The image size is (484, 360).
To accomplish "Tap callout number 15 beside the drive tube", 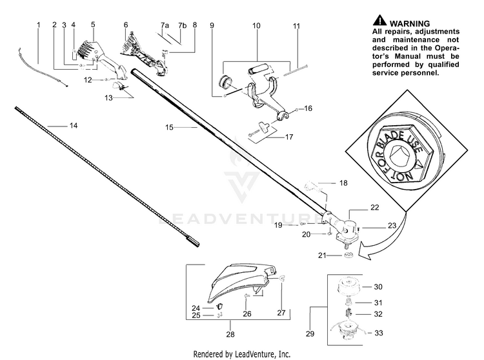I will pyautogui.click(x=170, y=128).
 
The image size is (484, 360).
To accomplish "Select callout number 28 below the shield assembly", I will pyautogui.click(x=230, y=334).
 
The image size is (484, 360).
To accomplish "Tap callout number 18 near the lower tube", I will pyautogui.click(x=343, y=183).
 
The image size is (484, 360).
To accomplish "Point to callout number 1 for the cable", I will pyautogui.click(x=38, y=25).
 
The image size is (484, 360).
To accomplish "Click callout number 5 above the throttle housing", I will pyautogui.click(x=93, y=25).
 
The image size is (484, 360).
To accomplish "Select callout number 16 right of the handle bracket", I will pyautogui.click(x=308, y=109).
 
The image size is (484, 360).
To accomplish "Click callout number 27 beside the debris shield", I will pyautogui.click(x=281, y=294).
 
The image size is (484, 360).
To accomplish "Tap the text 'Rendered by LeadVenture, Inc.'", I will pyautogui.click(x=242, y=354).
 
